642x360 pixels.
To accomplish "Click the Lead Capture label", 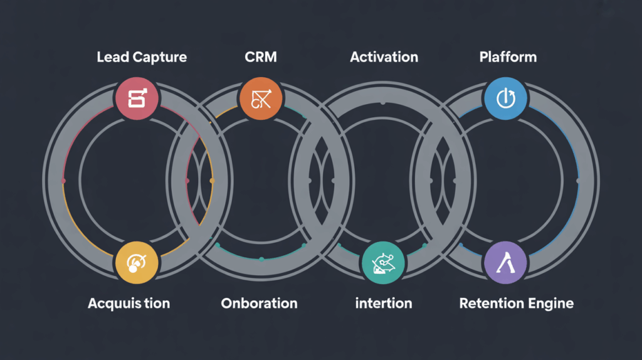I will (142, 58).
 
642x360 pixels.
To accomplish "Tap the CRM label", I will (261, 58).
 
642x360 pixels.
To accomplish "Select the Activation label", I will (384, 58).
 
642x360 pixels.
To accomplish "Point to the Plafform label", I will (508, 58).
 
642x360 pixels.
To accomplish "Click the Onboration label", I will (259, 304).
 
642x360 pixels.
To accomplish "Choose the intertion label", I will (384, 304).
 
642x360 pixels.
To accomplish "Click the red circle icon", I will (137, 98).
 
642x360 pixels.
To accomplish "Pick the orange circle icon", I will (261, 98).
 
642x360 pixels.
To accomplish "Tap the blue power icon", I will (506, 98).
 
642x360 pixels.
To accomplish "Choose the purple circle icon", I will (506, 262).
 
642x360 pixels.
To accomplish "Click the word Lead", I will (110, 58).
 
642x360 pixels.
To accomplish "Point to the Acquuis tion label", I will (129, 304).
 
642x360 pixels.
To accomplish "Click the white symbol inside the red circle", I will (137, 98).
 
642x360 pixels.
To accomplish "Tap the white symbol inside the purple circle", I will (506, 263).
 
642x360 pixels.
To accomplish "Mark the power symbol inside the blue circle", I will (506, 98).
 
